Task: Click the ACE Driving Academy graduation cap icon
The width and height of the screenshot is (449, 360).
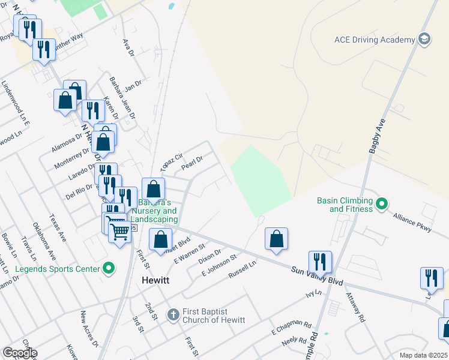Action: pyautogui.click(x=424, y=40)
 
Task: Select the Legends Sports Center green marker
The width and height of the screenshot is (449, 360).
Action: pyautogui.click(x=109, y=269)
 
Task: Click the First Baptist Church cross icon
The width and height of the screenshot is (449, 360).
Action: pyautogui.click(x=173, y=314)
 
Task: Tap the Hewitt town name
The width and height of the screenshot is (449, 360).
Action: pyautogui.click(x=155, y=280)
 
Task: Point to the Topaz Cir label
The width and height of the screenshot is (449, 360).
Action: pyautogui.click(x=171, y=161)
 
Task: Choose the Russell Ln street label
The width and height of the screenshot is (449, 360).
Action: pyautogui.click(x=242, y=269)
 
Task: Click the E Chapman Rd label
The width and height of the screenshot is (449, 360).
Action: pyautogui.click(x=292, y=328)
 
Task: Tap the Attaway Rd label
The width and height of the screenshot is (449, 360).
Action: pyautogui.click(x=355, y=307)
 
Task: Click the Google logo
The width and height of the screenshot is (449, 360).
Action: pyautogui.click(x=20, y=353)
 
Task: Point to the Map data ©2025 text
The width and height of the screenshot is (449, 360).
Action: pyautogui.click(x=423, y=355)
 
